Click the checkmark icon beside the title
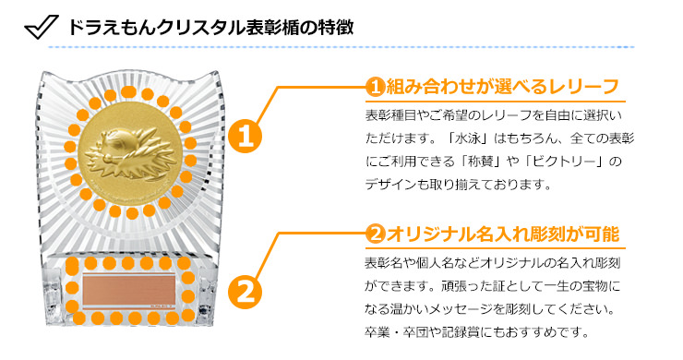(x=42, y=27)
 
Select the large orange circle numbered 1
(x=245, y=136)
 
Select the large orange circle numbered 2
(x=245, y=291)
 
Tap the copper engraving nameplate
(x=129, y=290)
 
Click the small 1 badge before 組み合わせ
(x=375, y=87)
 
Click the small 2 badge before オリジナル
(x=375, y=234)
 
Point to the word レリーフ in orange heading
(x=583, y=87)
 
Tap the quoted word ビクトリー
(x=562, y=162)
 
